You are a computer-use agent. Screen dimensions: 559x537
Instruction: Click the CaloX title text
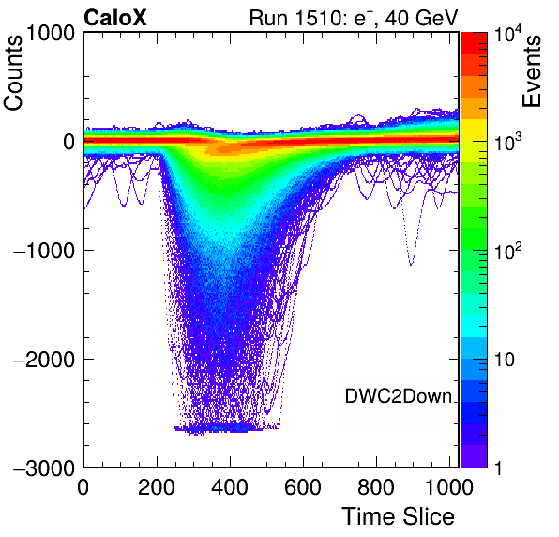tap(115, 17)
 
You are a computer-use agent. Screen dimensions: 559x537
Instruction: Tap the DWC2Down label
tap(399, 396)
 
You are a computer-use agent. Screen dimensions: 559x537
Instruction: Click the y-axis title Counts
tap(13, 73)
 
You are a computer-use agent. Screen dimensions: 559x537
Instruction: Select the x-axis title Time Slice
tap(399, 516)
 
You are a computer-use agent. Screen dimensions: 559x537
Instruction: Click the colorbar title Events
tap(531, 71)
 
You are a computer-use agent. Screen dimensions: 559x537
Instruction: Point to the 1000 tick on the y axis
tap(51, 33)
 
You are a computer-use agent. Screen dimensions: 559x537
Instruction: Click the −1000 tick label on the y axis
tap(44, 251)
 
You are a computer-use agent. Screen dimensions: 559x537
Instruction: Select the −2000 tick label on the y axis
tap(44, 360)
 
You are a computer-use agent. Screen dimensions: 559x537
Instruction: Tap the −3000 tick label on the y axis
tap(44, 468)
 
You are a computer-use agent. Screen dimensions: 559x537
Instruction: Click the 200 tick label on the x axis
tap(157, 487)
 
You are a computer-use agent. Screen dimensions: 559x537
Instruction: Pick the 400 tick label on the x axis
tap(230, 487)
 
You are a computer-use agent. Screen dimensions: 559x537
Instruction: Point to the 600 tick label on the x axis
tap(303, 487)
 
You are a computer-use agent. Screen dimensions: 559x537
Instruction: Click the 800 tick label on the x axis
tap(376, 487)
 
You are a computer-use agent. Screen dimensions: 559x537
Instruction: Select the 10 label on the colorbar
tap(505, 360)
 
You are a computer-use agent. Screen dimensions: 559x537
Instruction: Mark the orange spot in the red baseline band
tap(223, 147)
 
